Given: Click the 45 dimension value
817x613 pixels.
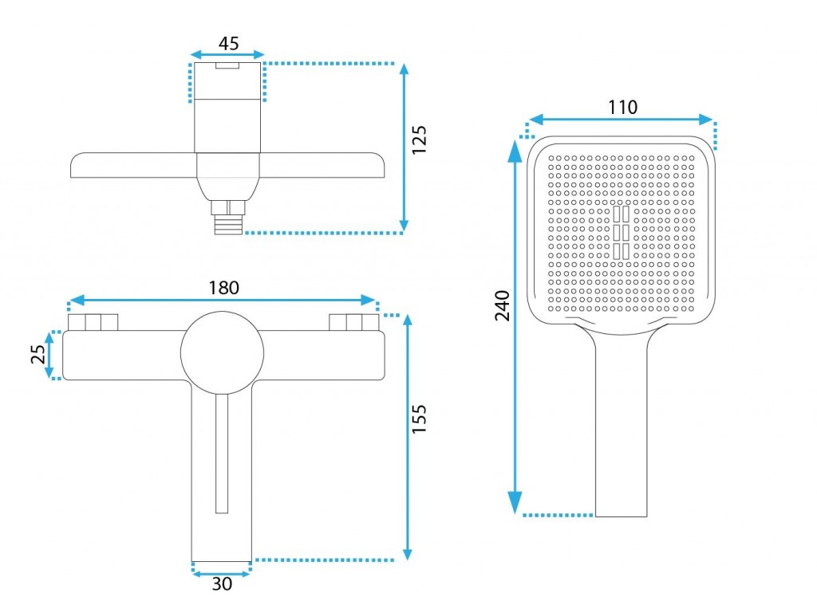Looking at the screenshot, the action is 228,43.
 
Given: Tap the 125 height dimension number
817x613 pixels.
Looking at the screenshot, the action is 419,139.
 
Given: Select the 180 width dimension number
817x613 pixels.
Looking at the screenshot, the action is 224,288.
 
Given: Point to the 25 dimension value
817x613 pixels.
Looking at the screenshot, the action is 38,355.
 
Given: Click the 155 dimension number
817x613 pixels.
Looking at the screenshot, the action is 419,419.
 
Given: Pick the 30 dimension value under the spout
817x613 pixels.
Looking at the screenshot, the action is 222,584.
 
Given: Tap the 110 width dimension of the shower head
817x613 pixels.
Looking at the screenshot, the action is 622,107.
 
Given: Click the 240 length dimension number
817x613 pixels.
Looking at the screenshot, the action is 503,305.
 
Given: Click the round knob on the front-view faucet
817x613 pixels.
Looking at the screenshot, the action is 222,353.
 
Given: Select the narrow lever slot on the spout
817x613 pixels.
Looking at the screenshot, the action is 222,453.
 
